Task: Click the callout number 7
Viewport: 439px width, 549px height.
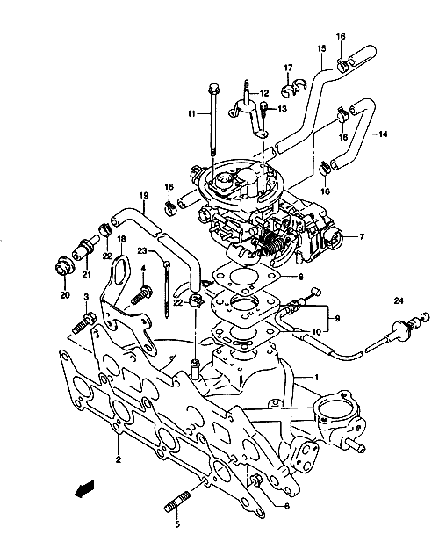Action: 361,237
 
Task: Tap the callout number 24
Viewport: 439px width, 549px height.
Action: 399,300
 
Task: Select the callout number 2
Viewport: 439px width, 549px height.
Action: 118,459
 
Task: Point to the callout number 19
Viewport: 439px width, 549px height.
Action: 144,195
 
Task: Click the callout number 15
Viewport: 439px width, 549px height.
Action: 321,48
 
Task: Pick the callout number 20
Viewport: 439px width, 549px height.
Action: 65,295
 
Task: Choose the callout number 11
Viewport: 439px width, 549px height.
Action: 191,114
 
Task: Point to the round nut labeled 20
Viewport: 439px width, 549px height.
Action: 65,268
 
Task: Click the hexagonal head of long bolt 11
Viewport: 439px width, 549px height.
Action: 214,89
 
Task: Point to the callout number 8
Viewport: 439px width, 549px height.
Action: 301,277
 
